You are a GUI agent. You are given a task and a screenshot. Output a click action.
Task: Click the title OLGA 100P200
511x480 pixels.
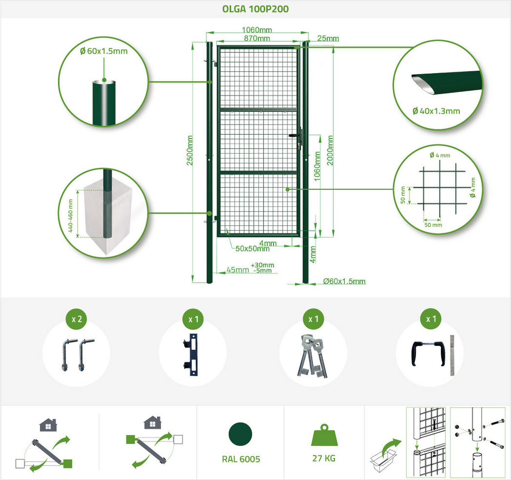[x=255, y=9]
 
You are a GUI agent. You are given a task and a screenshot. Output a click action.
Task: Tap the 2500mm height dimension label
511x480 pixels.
[x=189, y=151]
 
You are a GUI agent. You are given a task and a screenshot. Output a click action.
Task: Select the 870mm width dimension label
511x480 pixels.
[x=257, y=38]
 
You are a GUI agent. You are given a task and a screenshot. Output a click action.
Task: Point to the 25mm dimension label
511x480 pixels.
[x=328, y=38]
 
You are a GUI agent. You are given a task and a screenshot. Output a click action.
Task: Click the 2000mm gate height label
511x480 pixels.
[x=330, y=150]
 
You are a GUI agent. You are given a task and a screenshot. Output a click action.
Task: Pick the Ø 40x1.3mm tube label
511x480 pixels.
[x=436, y=111]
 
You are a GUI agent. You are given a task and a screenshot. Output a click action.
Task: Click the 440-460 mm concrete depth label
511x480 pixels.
[x=70, y=216]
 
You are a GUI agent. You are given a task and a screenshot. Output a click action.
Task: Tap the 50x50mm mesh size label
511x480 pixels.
[x=253, y=249]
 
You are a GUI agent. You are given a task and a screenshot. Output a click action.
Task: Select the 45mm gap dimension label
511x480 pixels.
[x=238, y=270]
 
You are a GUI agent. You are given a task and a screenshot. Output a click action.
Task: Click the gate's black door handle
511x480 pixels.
[x=295, y=135]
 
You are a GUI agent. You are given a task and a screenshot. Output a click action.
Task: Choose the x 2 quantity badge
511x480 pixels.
[x=77, y=319]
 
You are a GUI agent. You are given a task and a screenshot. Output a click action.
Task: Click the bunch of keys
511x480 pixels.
[x=313, y=356]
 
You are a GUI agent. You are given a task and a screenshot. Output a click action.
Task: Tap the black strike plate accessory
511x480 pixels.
[x=192, y=354]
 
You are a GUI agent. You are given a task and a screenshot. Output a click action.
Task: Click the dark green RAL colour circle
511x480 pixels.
[x=240, y=434]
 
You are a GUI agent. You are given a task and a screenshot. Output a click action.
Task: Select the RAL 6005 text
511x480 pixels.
[x=241, y=459]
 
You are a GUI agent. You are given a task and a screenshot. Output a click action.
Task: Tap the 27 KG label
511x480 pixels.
[x=324, y=458]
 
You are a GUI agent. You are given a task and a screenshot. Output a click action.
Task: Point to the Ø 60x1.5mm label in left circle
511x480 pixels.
[x=104, y=51]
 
